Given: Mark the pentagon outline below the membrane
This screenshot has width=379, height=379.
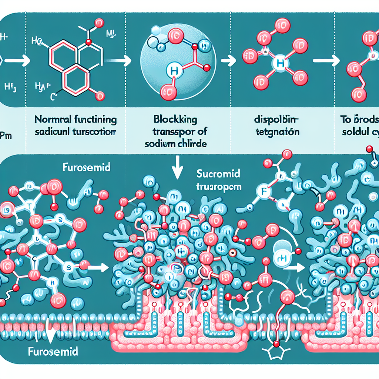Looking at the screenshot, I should point(275,353).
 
